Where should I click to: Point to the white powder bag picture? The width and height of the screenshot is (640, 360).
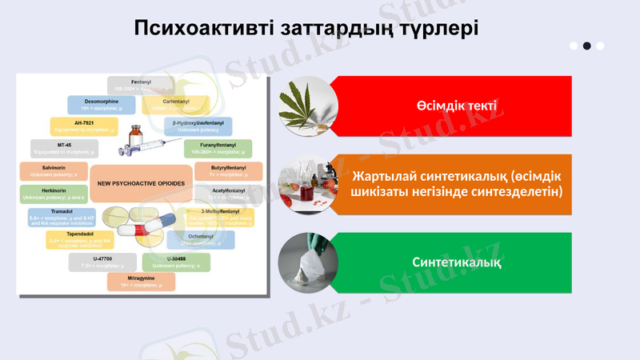tap(307, 262)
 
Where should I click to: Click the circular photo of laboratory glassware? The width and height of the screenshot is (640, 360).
tap(307, 184)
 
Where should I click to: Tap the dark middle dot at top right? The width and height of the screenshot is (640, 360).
tap(586, 46)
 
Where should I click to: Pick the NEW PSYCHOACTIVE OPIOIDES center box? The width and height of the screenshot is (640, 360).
tap(141, 183)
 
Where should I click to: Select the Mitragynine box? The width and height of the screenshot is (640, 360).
tap(141, 281)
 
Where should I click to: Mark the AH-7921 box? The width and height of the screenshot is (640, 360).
tap(84, 126)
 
